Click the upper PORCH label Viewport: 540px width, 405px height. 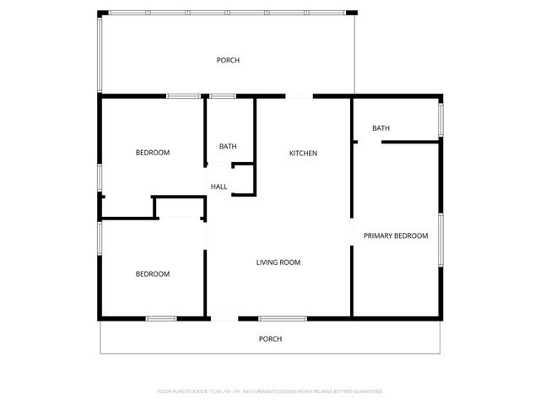tap(228, 60)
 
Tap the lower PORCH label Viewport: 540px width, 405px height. tap(270, 338)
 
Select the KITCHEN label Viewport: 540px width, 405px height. tap(303, 153)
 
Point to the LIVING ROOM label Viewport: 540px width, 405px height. tap(278, 262)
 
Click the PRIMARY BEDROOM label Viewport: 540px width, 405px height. tap(396, 235)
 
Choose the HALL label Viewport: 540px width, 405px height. tap(219, 186)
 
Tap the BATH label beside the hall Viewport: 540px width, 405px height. tap(228, 146)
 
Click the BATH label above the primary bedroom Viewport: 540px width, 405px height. tap(381, 128)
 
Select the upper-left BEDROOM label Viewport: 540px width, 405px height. tap(153, 153)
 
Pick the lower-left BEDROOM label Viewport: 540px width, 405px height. tap(153, 273)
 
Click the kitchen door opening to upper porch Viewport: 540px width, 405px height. tap(299, 97)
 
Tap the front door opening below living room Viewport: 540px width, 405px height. tap(224, 318)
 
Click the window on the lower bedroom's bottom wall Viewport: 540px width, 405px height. tap(161, 318)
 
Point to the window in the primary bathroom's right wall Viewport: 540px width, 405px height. tap(440, 120)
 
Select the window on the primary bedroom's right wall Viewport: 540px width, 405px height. tap(440, 240)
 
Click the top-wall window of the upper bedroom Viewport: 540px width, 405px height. tap(183, 97)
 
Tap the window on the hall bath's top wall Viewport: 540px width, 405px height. tap(222, 97)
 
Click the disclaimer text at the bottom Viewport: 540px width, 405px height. tap(270, 391)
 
